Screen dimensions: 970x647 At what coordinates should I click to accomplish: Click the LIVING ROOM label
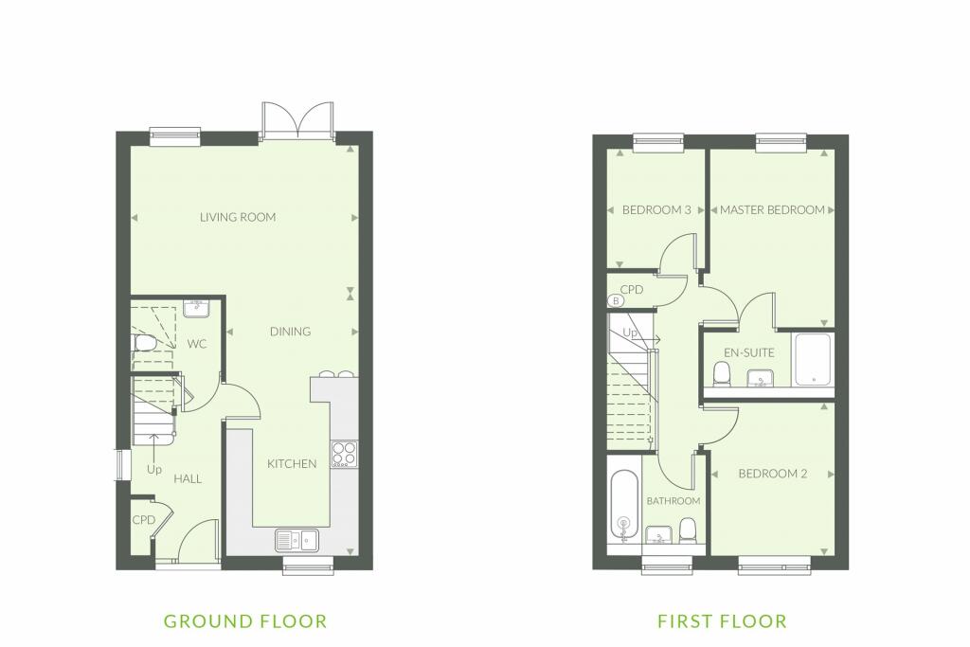click(238, 217)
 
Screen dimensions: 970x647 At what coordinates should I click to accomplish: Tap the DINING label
click(290, 332)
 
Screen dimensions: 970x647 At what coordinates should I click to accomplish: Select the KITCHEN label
click(292, 464)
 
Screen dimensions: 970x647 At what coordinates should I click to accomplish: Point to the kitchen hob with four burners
click(344, 454)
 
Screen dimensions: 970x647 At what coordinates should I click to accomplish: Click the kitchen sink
click(296, 540)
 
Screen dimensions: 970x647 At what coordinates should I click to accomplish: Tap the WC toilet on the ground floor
click(144, 343)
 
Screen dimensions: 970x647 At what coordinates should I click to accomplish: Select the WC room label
click(197, 344)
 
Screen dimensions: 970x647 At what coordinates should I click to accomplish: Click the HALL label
click(188, 478)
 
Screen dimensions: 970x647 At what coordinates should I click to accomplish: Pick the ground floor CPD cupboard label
click(144, 520)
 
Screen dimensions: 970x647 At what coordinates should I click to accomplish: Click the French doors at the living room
click(297, 121)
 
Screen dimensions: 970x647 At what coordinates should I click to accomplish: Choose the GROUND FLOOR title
click(245, 621)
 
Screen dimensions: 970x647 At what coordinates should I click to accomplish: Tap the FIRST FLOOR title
click(722, 621)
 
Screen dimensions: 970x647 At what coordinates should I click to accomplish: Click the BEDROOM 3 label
click(656, 210)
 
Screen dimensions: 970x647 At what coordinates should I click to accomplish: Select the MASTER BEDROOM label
click(772, 210)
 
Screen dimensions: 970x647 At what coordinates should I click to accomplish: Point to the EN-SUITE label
click(749, 352)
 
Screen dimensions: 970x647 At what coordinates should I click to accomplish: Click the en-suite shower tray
click(814, 359)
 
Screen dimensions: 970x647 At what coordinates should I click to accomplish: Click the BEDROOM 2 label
click(773, 474)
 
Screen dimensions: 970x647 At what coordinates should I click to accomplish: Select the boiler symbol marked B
click(616, 300)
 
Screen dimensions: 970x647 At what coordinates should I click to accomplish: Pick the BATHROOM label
click(674, 501)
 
